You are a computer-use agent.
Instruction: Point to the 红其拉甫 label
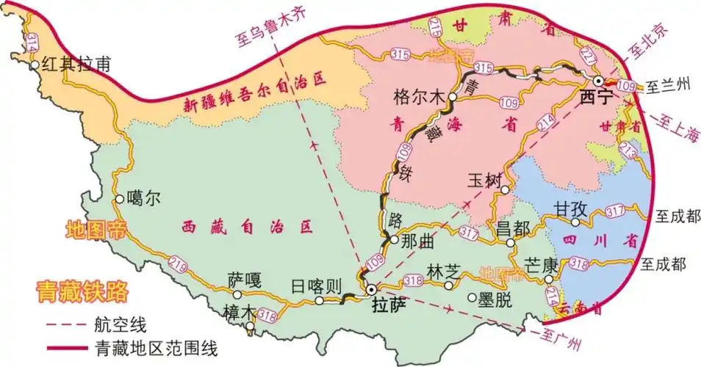[x=76, y=64]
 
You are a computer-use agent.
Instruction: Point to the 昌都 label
[x=513, y=228]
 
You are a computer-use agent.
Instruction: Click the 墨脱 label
[x=497, y=298]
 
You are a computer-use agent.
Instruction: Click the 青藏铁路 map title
[x=82, y=291]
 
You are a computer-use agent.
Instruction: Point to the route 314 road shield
[x=31, y=43]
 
